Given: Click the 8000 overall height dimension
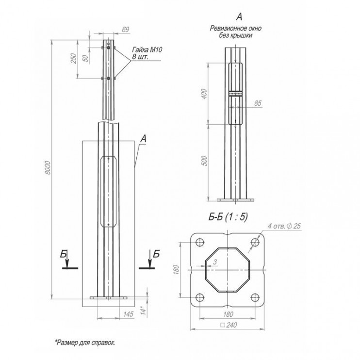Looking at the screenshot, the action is click(48, 167).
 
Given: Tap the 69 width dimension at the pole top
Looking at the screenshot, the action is click(125, 30).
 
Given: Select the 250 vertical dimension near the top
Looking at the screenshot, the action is click(73, 59).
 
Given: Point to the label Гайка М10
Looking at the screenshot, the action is click(147, 49).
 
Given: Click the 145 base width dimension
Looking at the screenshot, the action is click(129, 314).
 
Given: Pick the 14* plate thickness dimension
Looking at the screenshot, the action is click(143, 310).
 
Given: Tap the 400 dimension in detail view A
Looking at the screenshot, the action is click(204, 94).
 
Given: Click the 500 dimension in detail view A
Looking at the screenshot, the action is click(204, 161).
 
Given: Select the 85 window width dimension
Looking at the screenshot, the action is click(258, 103).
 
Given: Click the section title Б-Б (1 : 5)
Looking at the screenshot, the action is click(228, 216).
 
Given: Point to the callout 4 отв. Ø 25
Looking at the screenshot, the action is click(284, 226).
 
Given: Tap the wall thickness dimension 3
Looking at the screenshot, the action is click(215, 262).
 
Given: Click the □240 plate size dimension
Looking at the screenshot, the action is click(229, 325).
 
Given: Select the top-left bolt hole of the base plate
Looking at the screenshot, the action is click(200, 242).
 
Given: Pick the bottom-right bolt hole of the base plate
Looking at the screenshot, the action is click(255, 297).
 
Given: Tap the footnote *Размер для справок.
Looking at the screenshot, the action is click(85, 343).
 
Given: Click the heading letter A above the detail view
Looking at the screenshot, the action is click(239, 16).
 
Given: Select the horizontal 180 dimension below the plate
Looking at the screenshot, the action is click(228, 314).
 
